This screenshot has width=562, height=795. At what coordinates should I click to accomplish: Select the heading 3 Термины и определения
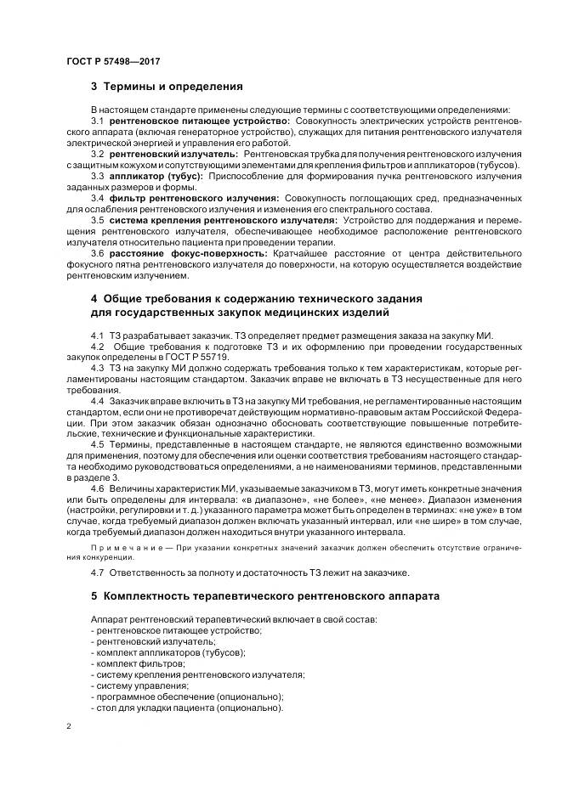pos(167,87)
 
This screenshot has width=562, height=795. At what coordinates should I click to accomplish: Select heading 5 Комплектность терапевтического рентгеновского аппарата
pos(265,596)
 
